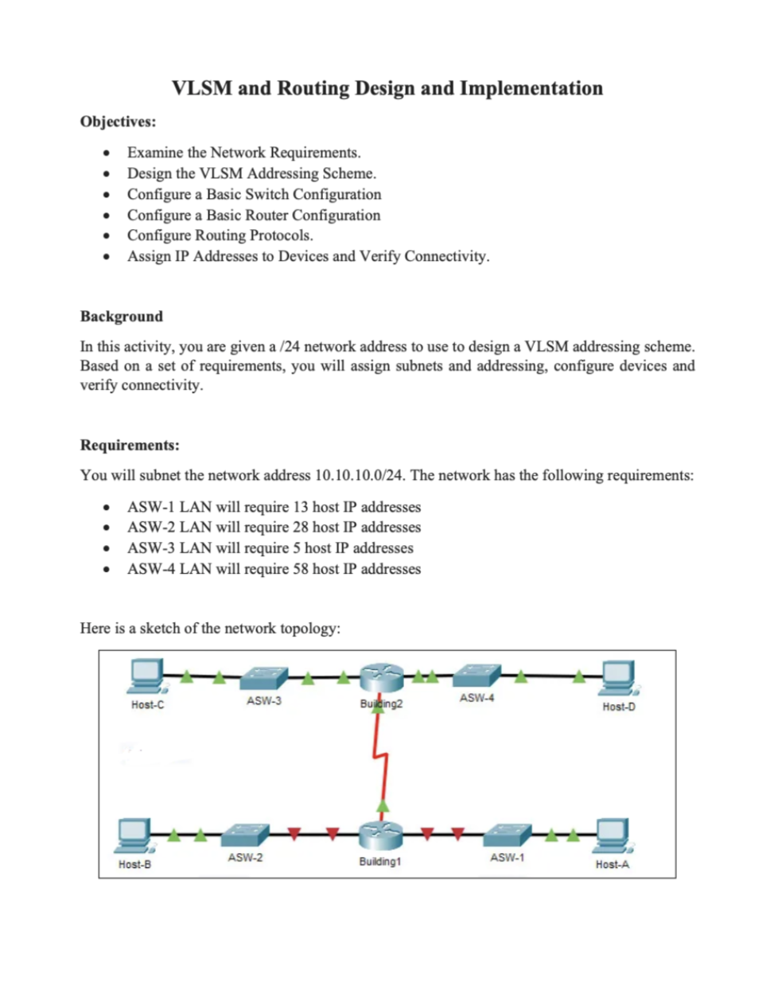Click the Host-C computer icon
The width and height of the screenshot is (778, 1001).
(146, 676)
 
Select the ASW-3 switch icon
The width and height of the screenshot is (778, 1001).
(263, 678)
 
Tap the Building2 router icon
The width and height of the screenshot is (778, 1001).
(382, 677)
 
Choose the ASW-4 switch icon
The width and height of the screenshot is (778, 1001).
(477, 676)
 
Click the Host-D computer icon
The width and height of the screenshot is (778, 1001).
(618, 677)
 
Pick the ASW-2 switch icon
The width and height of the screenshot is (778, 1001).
(245, 835)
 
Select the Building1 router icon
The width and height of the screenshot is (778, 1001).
(381, 835)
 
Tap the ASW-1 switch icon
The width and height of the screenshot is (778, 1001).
(508, 835)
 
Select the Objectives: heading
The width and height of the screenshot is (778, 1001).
(118, 122)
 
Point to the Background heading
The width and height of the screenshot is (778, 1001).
(121, 316)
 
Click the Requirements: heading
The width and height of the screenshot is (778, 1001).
(130, 445)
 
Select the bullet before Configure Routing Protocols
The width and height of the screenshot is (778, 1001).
(106, 236)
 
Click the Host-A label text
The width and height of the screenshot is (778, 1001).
(612, 864)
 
